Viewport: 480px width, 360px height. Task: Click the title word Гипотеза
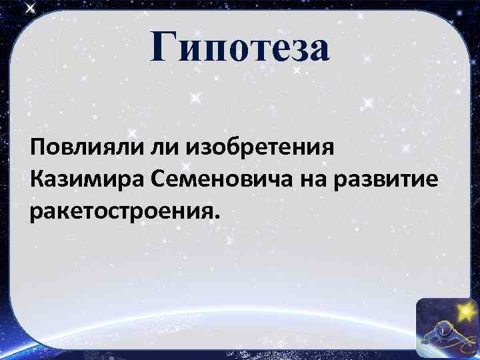240,49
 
